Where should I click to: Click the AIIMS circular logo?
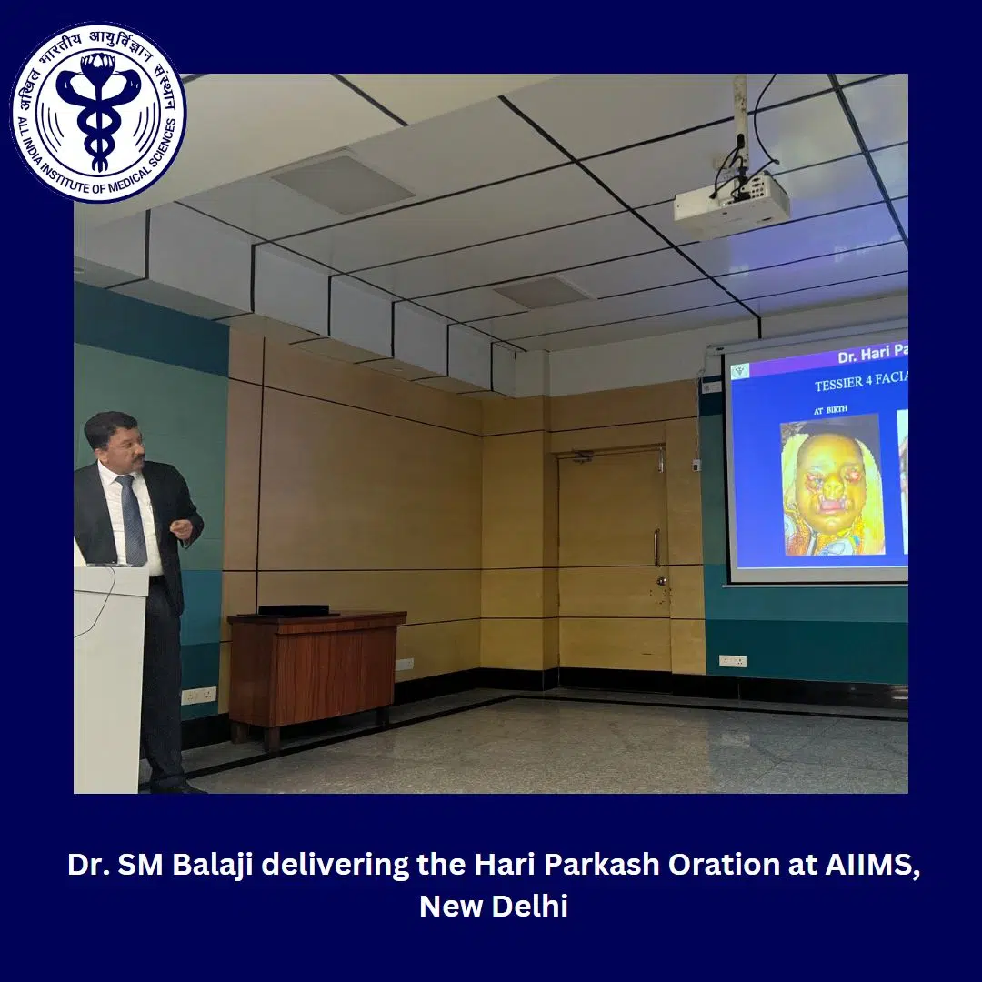98,112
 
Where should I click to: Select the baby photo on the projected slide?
831,485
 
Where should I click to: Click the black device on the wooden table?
294,610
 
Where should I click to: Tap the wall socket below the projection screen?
733,661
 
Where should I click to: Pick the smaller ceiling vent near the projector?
542,292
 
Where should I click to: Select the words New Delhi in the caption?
493,906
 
